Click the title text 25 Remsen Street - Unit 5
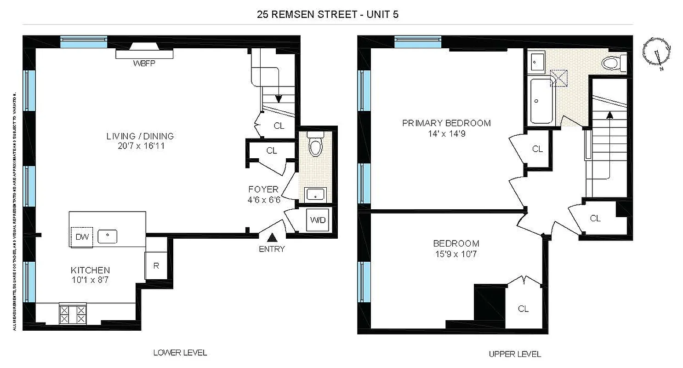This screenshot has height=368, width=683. click(328, 14)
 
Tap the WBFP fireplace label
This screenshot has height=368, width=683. click(144, 63)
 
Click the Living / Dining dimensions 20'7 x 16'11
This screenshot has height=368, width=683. click(140, 146)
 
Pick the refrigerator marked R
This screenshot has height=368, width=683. click(156, 265)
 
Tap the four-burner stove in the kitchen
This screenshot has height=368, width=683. click(73, 314)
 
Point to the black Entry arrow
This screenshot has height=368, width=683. click(272, 237)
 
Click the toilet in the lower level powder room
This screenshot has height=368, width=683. click(315, 145)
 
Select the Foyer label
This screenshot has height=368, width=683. click(263, 190)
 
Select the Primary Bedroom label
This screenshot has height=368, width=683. click(446, 123)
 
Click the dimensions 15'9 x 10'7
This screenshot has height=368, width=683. click(456, 253)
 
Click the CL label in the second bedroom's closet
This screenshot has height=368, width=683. click(523, 309)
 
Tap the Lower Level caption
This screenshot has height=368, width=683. click(180, 353)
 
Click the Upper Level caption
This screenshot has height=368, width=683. click(515, 354)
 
